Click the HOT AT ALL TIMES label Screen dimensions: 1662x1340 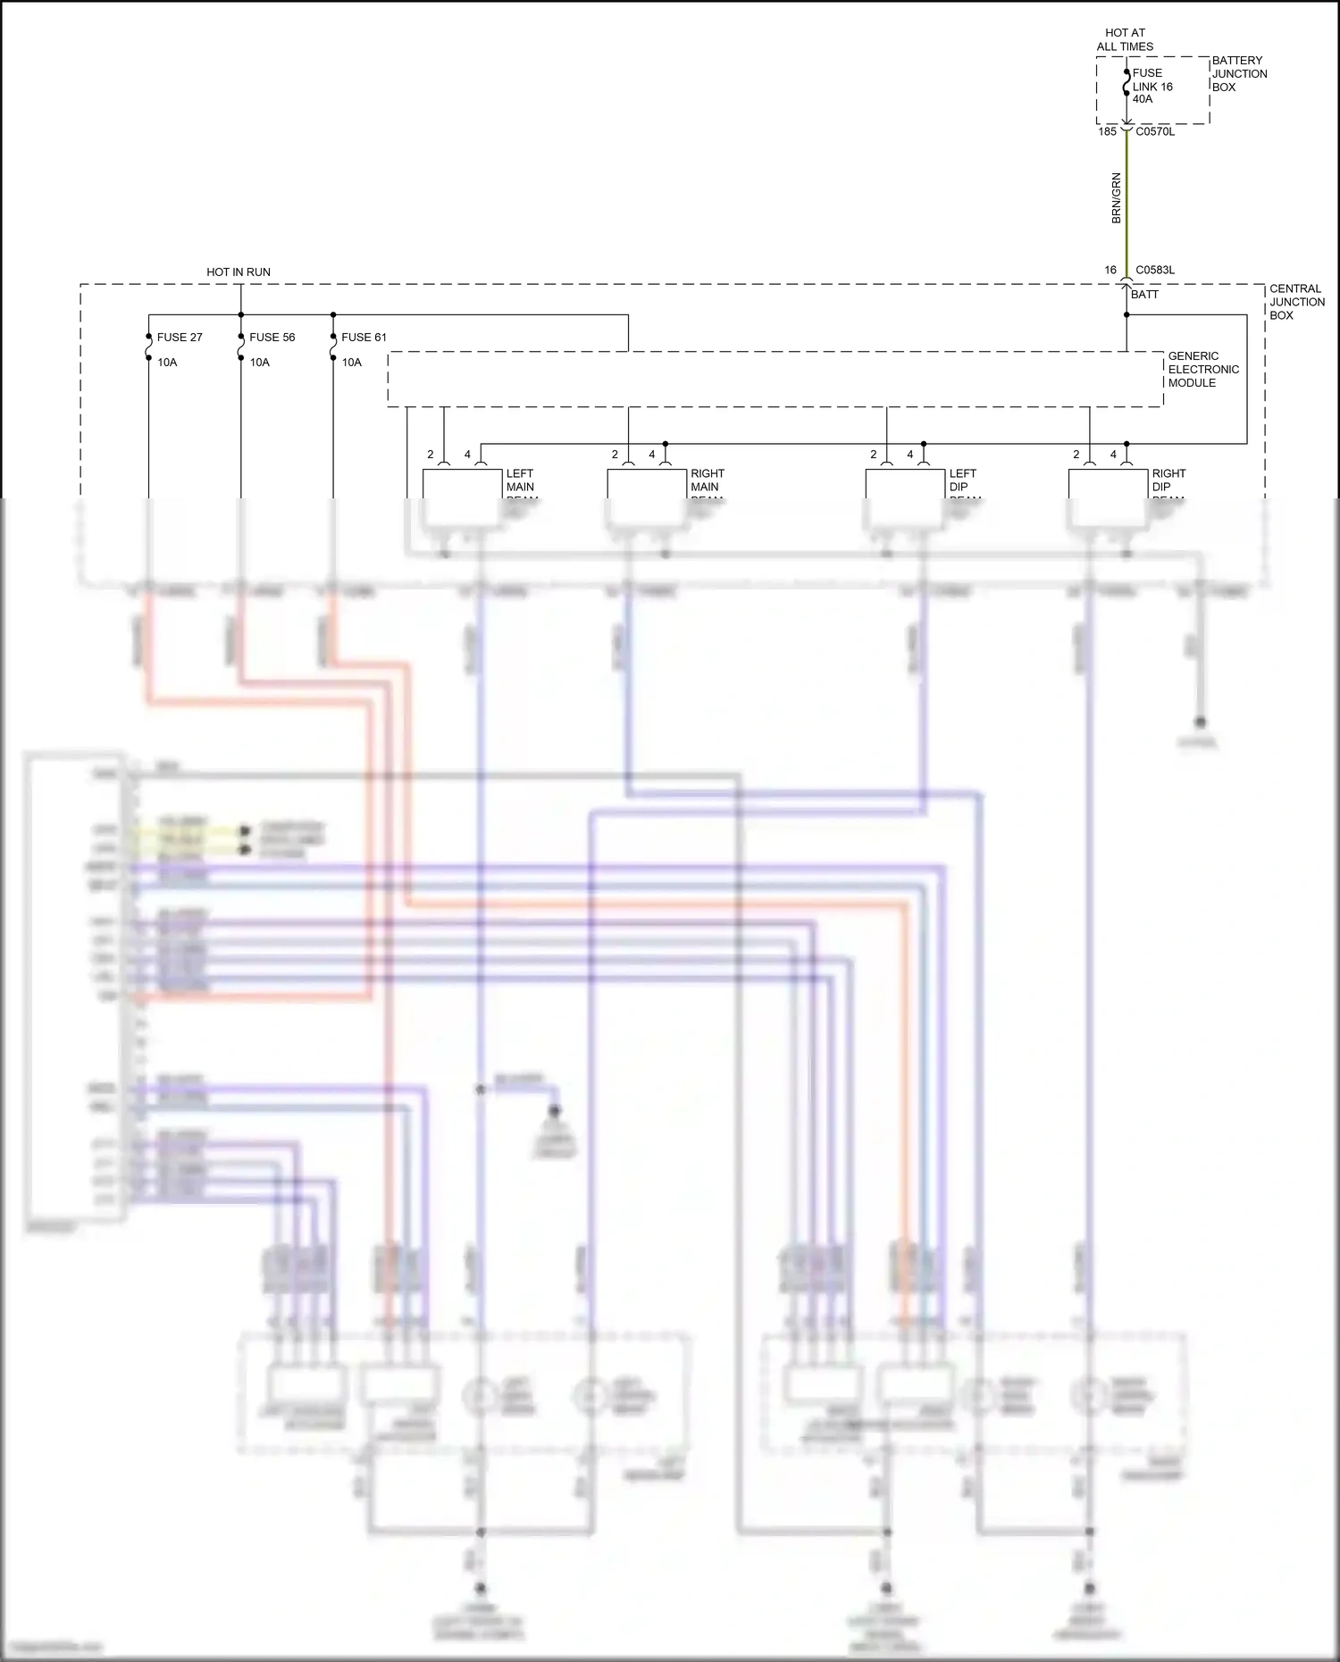pyautogui.click(x=1125, y=39)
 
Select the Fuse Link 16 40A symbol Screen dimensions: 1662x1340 pyautogui.click(x=1126, y=87)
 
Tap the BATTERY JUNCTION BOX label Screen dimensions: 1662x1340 pyautogui.click(x=1239, y=74)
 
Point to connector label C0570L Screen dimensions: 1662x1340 pyautogui.click(x=1155, y=131)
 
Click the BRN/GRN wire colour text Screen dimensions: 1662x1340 pyautogui.click(x=1116, y=198)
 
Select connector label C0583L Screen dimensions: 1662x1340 pyautogui.click(x=1155, y=270)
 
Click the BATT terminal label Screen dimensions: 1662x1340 pyautogui.click(x=1144, y=294)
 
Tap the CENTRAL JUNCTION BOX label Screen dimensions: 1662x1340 pyautogui.click(x=1296, y=302)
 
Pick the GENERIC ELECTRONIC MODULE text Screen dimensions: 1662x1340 pyautogui.click(x=1202, y=369)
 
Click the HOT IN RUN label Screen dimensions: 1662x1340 pyautogui.click(x=239, y=271)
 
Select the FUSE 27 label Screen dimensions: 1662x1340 pyautogui.click(x=180, y=337)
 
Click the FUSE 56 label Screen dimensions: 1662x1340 pyautogui.click(x=272, y=337)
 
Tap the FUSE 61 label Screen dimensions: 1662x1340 pyautogui.click(x=364, y=337)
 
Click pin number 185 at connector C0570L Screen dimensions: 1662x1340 pyautogui.click(x=1107, y=131)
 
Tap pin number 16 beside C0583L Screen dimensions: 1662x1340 pyautogui.click(x=1110, y=270)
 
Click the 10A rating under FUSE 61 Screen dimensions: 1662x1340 pyautogui.click(x=352, y=362)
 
